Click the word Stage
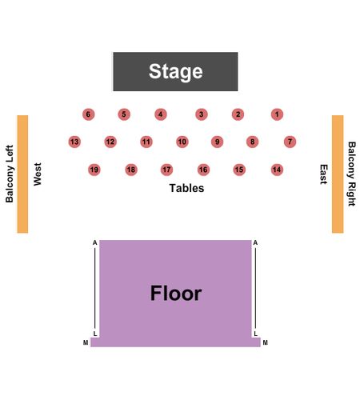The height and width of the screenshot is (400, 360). coord(176,71)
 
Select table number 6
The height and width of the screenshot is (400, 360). coord(88,114)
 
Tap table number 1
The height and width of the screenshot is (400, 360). coord(277,114)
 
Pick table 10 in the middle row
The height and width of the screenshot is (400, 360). coord(182,142)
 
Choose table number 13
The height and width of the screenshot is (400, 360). coord(74,142)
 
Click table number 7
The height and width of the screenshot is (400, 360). coord(290,142)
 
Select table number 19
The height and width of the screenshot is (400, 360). coord(94,170)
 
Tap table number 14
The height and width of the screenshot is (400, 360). coord(277,170)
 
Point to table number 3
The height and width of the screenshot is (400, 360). coord(202,114)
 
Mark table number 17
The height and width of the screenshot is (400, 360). coord(166,170)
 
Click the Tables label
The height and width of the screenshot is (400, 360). coord(186,188)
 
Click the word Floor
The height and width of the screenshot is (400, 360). coord(176,293)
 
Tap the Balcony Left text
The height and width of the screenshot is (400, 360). coord(10,174)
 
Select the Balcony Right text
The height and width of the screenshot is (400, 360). coord(352,174)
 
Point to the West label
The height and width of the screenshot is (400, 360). coord(38,174)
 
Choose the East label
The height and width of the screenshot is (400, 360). coord(323,174)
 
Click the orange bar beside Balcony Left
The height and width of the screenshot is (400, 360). coord(22,174)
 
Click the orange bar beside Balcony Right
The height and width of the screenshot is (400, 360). coord(338,174)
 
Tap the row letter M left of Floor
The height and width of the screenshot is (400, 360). coord(86,342)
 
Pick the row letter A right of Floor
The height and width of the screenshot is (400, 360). coord(255,242)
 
